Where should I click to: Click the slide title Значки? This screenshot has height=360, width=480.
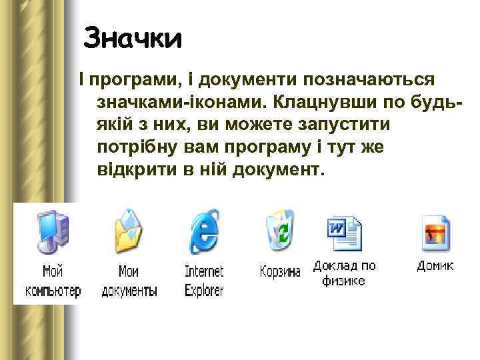133,38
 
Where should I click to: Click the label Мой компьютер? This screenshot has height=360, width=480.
53,281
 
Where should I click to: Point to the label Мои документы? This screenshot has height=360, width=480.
129,281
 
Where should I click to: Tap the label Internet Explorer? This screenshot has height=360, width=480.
204,281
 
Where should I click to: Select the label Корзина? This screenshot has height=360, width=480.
280,272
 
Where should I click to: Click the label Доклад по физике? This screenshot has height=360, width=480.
344,273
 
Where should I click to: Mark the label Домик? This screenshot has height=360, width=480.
435,265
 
